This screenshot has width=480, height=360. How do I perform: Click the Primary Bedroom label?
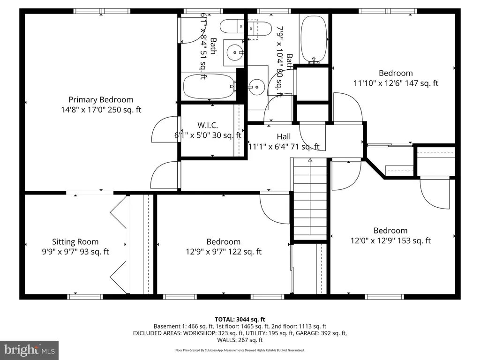pos(101,99)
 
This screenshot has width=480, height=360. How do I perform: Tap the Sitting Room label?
pos(75,241)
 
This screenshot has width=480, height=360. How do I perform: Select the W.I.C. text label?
pos(208,125)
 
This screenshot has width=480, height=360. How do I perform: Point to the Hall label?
pos(284,136)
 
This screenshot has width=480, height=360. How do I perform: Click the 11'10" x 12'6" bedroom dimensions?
pos(396,83)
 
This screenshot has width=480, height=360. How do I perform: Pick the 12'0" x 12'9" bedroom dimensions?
pos(390,240)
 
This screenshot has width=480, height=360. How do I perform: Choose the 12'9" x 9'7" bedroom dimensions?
pos(224,252)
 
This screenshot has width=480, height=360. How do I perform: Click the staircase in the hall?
pos(310,199)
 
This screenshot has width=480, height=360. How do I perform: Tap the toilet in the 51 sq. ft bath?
pos(232,27)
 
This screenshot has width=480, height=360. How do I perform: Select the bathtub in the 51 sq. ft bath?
pos(210,86)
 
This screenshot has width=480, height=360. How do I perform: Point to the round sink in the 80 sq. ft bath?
pos(256,87)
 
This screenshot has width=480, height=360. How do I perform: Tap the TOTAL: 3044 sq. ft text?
pos(240,320)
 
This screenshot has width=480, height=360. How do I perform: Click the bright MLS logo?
pos(30,350)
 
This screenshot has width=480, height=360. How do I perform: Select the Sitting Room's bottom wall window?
pos(85,297)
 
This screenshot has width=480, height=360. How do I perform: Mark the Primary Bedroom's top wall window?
pos(102,11)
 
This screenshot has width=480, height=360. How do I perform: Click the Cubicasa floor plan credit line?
pos(240,350)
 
